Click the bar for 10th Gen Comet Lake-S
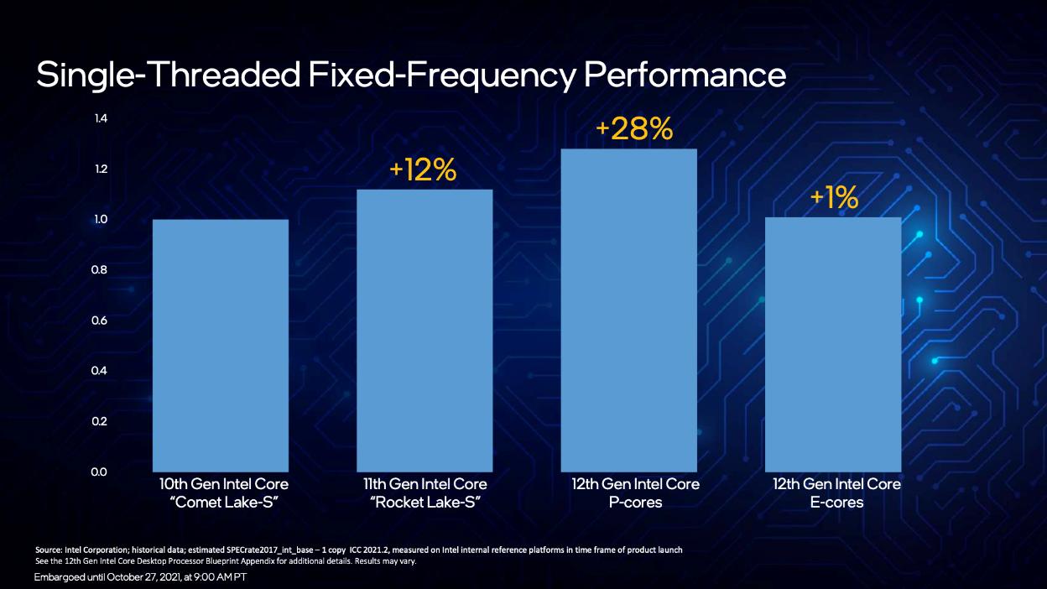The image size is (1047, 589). (x=220, y=345)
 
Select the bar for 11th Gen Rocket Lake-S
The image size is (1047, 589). (x=425, y=330)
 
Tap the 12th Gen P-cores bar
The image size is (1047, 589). (x=629, y=310)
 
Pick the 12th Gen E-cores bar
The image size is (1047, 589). (x=833, y=344)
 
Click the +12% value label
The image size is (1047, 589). (x=423, y=170)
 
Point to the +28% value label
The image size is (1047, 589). (x=634, y=129)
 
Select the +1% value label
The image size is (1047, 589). (x=834, y=198)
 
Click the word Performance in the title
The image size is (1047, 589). (x=685, y=76)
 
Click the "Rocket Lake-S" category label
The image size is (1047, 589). (x=425, y=503)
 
